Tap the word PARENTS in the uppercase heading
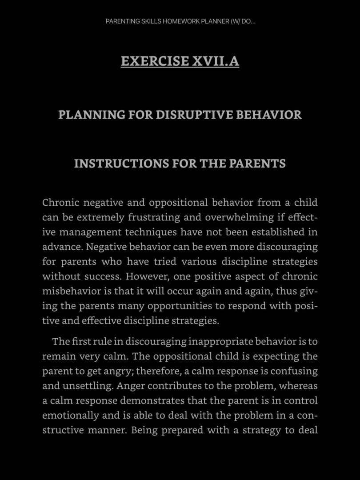[x=257, y=164]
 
